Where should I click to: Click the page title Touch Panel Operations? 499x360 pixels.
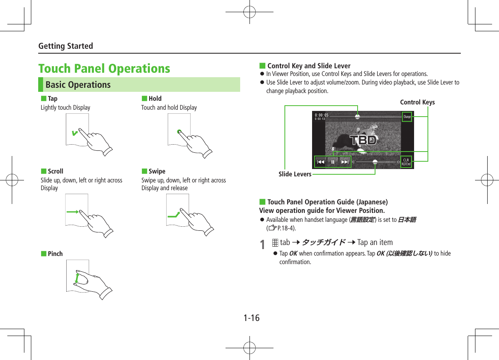point(104,68)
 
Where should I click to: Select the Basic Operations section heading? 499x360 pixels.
point(78,85)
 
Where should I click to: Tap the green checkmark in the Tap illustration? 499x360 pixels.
point(74,132)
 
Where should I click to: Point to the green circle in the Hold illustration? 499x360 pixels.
point(179,132)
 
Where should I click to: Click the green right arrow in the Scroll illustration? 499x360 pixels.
point(73,212)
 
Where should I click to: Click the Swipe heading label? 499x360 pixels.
point(157,171)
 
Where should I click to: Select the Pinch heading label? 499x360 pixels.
point(55,254)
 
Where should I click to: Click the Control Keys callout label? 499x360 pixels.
point(417,102)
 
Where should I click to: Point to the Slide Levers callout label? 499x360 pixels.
point(295,174)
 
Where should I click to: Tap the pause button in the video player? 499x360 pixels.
point(333,162)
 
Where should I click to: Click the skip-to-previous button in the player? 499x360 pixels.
point(321,162)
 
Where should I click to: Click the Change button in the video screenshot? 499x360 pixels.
point(407,117)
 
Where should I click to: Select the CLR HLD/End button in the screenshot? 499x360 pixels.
point(406,162)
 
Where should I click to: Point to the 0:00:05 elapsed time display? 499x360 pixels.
point(321,115)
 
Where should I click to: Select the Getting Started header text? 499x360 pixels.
point(65,46)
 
